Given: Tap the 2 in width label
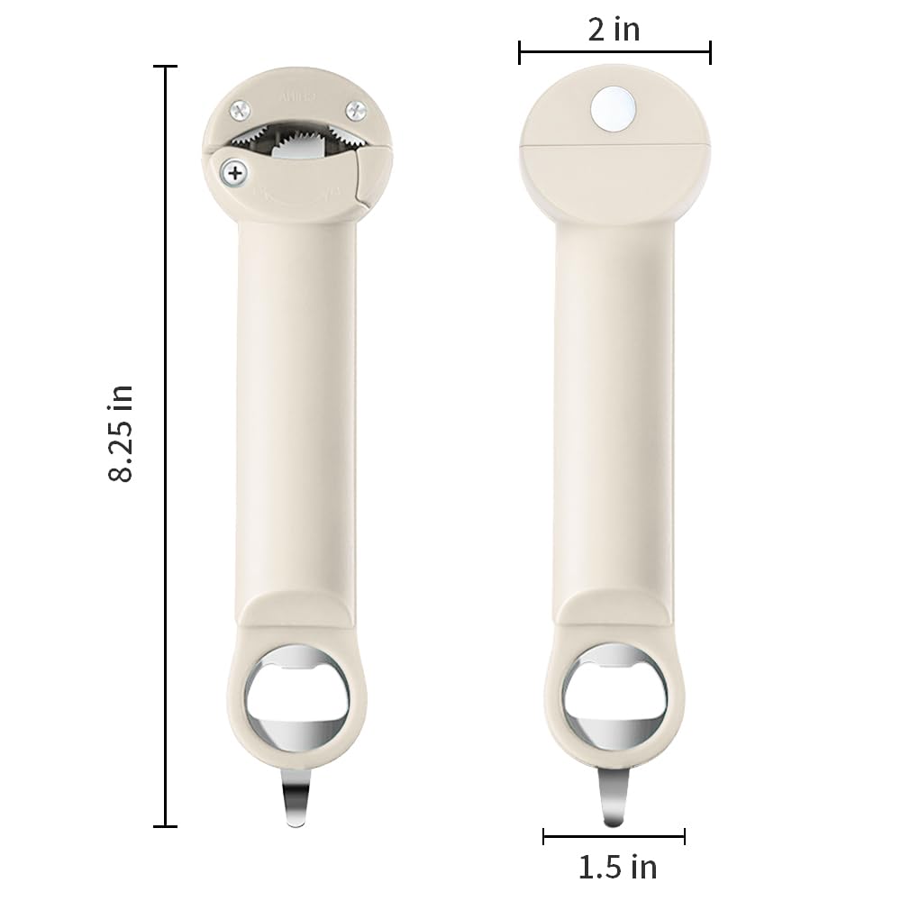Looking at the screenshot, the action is click(614, 29).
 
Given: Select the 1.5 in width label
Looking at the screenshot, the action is click(617, 868).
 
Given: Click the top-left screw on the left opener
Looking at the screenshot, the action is click(241, 110).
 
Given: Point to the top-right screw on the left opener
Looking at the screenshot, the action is click(356, 110).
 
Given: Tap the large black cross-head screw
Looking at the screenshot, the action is click(235, 172).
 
